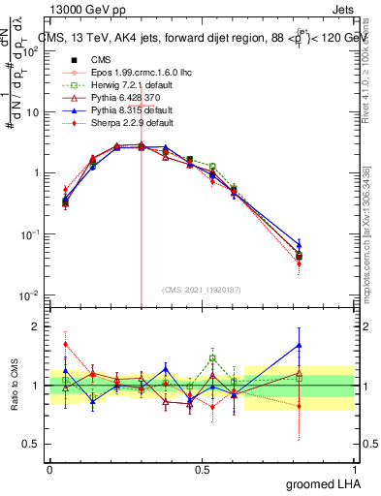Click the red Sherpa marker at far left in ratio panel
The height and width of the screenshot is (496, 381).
[65, 344]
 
